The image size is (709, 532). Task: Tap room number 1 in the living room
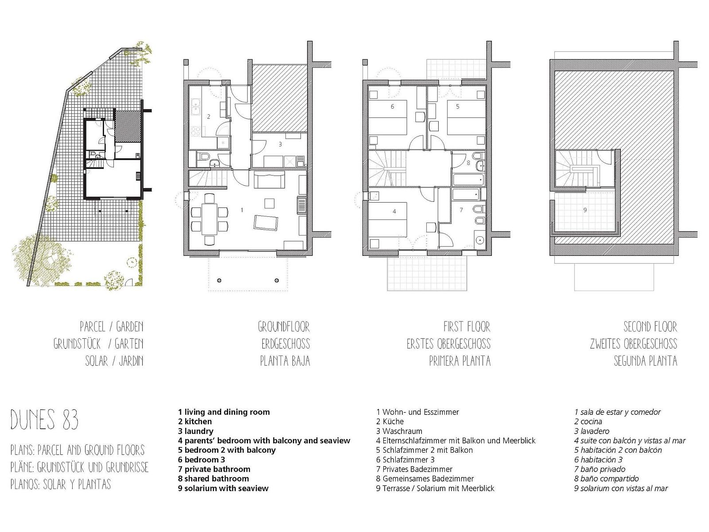click(x=242, y=210)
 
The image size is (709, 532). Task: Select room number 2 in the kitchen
click(x=209, y=117)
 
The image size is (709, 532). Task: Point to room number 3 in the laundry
click(x=280, y=145)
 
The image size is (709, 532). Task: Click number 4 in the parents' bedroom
click(x=394, y=211)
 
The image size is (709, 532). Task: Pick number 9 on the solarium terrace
click(x=585, y=210)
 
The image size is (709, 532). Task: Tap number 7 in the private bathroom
click(x=461, y=210)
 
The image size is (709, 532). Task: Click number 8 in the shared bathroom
click(x=468, y=163)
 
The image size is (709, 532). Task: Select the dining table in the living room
click(x=210, y=219)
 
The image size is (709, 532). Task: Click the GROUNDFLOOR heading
click(x=284, y=327)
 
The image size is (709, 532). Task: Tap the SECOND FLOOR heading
click(x=650, y=327)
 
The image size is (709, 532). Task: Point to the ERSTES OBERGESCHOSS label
click(x=448, y=344)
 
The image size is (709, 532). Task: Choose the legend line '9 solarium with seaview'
click(x=223, y=489)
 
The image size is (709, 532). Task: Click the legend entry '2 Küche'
click(x=390, y=422)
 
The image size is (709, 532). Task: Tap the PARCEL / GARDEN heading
click(x=111, y=327)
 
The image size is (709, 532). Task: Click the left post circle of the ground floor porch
click(x=219, y=280)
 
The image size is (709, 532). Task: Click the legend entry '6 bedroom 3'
click(x=202, y=460)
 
